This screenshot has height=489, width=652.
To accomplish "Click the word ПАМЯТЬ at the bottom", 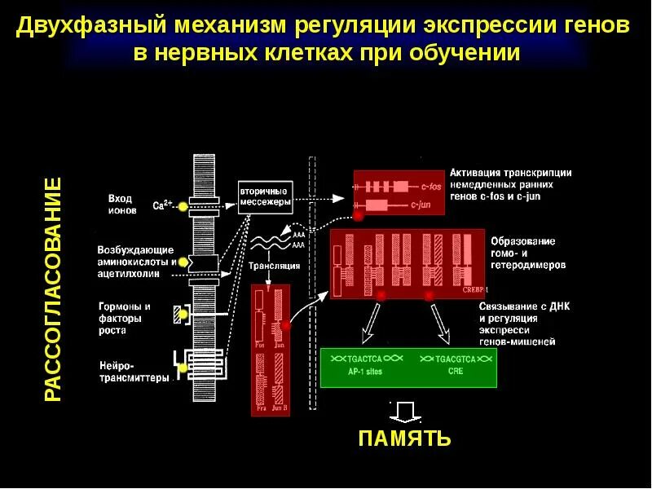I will coord(404,438).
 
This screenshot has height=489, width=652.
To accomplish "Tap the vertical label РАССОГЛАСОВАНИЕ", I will coord(52,289).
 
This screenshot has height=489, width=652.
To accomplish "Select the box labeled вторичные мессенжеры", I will coord(265,196).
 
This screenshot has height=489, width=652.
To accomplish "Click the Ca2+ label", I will coord(162,206).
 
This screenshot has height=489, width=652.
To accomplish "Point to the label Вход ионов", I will coord(120,203).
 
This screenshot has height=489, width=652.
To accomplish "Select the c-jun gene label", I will coord(420,205).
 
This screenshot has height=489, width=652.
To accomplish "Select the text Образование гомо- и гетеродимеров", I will coord(522,253).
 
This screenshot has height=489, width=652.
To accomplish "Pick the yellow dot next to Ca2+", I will coord(183,207).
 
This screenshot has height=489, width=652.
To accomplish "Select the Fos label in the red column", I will coord(260,345).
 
